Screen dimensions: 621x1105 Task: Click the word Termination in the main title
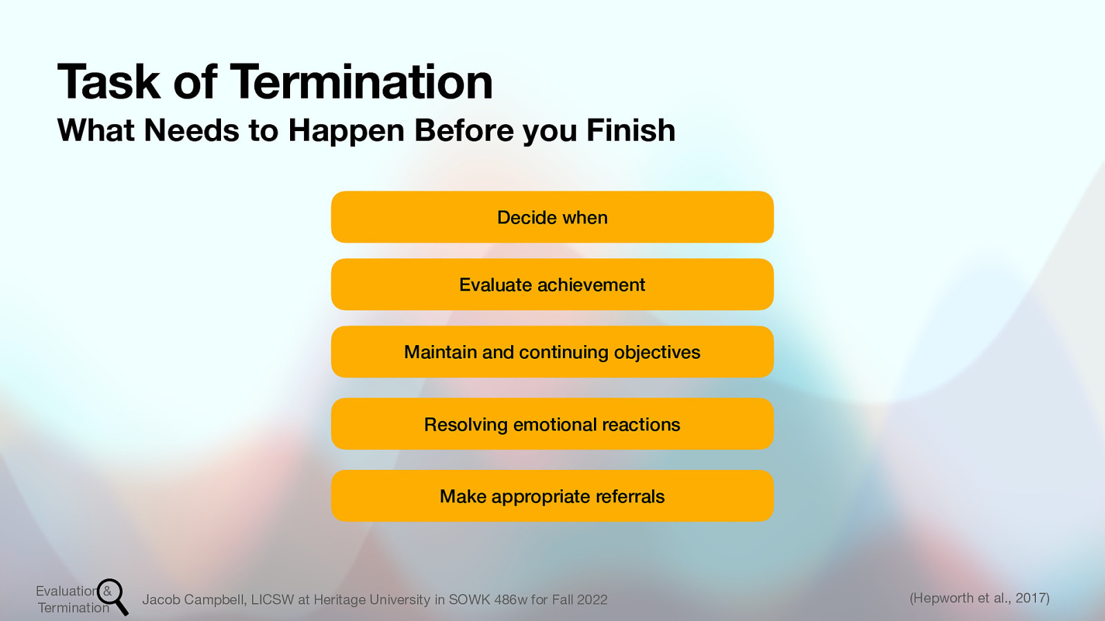tap(361, 82)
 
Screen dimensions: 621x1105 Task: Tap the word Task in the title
tap(108, 82)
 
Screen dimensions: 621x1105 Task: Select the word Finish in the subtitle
tap(631, 130)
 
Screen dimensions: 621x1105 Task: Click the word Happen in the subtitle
tap(346, 130)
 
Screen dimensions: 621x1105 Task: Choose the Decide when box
tap(552, 217)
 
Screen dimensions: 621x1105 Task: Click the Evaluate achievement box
tap(552, 284)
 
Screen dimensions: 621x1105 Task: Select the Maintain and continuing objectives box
tap(552, 352)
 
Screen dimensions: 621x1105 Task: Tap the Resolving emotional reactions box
tap(552, 424)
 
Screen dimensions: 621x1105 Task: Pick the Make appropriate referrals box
tap(552, 496)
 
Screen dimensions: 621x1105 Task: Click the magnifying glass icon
tap(112, 595)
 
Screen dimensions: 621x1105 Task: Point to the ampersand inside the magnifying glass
tap(107, 591)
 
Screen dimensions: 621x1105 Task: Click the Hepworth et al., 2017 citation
tap(979, 598)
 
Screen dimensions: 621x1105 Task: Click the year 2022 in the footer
tap(592, 600)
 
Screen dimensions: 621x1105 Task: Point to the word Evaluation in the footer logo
tap(66, 591)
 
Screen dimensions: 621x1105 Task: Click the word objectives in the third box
tap(657, 353)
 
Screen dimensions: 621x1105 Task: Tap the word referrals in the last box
tap(630, 497)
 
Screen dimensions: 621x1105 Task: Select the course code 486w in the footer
tap(510, 600)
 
